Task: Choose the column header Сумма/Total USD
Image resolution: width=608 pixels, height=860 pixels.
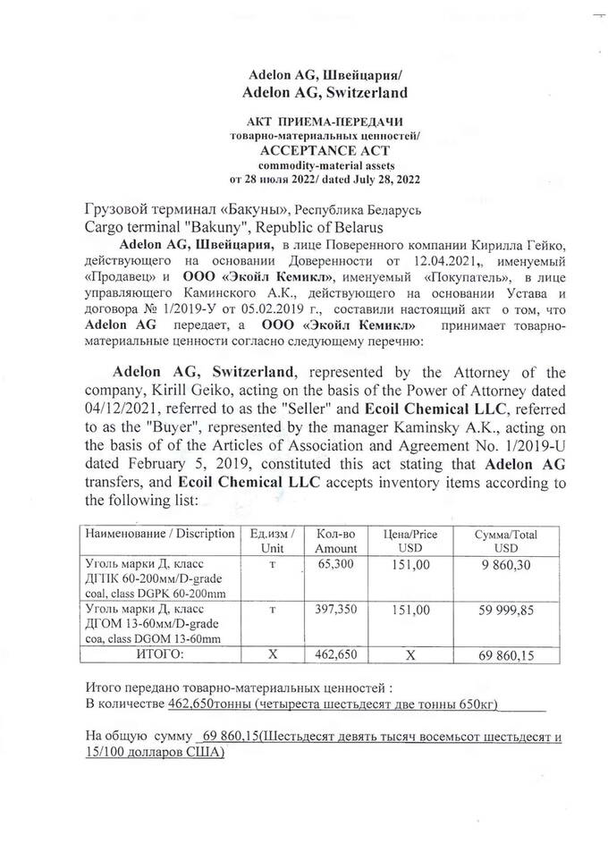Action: coord(505,540)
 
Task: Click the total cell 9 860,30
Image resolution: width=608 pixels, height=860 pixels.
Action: coord(505,565)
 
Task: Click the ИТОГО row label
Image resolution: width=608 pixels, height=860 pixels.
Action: coord(159,654)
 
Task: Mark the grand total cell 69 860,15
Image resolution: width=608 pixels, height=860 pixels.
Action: coord(505,655)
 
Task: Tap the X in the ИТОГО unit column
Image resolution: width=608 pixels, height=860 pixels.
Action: coord(274,654)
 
